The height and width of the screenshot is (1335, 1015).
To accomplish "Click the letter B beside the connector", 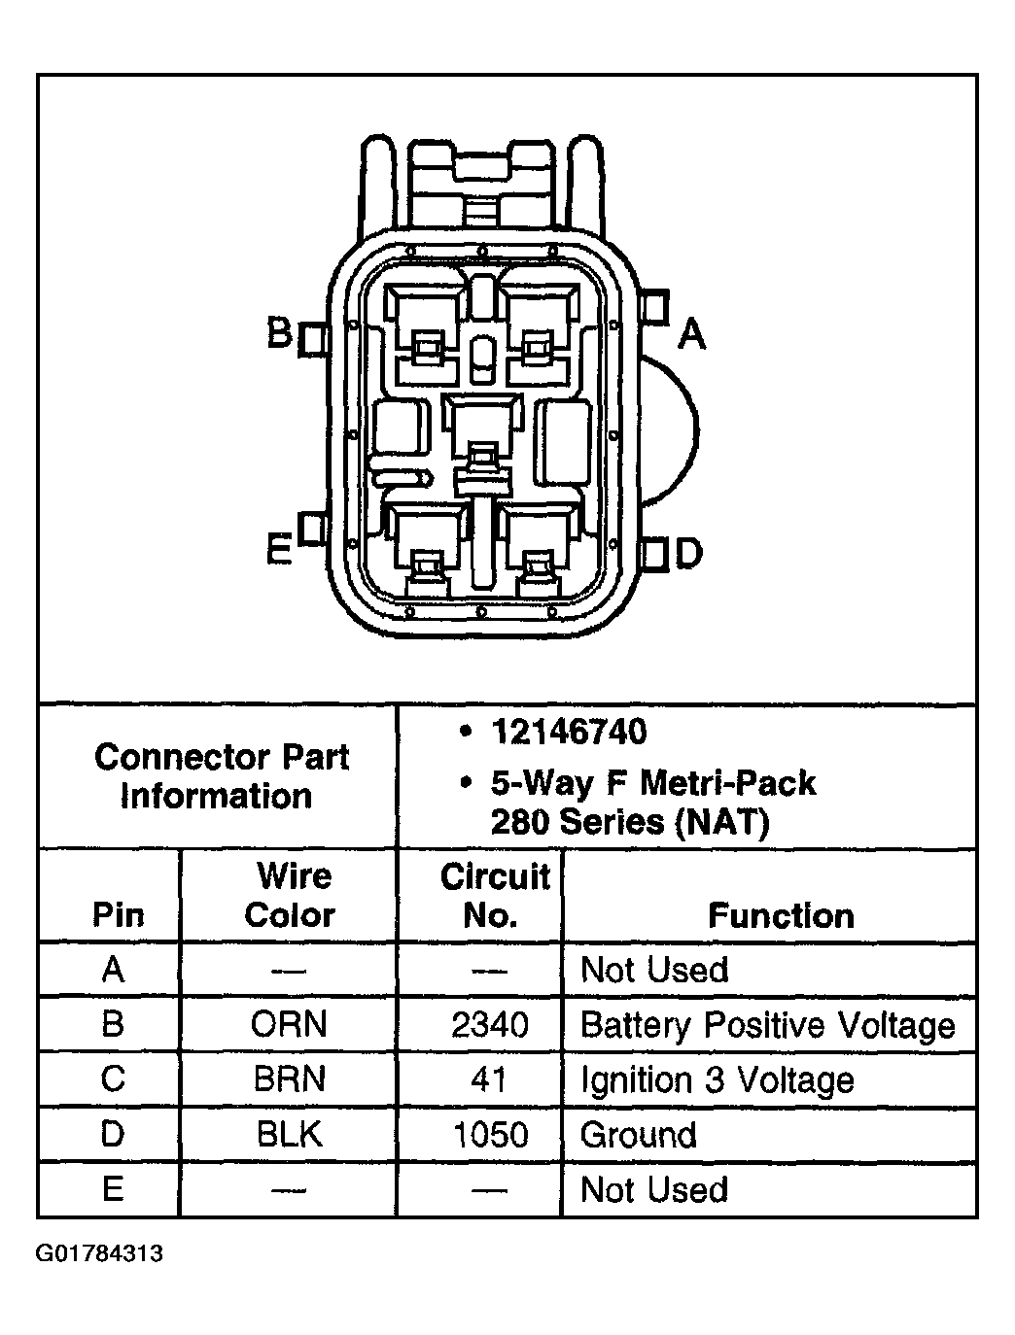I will click(x=279, y=333).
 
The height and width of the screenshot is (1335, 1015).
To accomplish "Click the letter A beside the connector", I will click(x=691, y=334).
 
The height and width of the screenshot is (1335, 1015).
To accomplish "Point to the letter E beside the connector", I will click(x=279, y=551).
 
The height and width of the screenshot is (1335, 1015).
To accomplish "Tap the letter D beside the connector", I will click(x=688, y=553).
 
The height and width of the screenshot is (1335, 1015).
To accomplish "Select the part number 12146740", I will click(x=569, y=732).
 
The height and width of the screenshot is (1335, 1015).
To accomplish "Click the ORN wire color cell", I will click(x=290, y=1024).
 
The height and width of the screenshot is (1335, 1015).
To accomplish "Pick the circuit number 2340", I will click(x=490, y=1024).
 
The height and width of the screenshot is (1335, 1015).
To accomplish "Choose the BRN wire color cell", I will click(x=290, y=1079).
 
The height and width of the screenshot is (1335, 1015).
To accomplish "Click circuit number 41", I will click(x=489, y=1079).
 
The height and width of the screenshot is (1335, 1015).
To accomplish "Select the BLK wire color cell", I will click(x=290, y=1135).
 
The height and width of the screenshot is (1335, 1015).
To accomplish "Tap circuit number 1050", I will click(x=490, y=1135).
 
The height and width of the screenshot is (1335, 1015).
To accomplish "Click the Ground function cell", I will click(x=639, y=1135).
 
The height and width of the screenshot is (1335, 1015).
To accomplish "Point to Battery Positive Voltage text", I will click(x=767, y=1025).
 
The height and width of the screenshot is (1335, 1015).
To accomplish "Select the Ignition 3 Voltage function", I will click(x=717, y=1080).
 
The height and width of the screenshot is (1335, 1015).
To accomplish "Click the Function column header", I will click(x=781, y=915).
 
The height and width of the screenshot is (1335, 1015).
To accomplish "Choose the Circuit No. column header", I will click(x=494, y=895).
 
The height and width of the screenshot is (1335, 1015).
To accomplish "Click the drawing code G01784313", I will click(x=99, y=1253).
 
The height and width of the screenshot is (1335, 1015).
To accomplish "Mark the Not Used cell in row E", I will click(x=654, y=1190).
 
